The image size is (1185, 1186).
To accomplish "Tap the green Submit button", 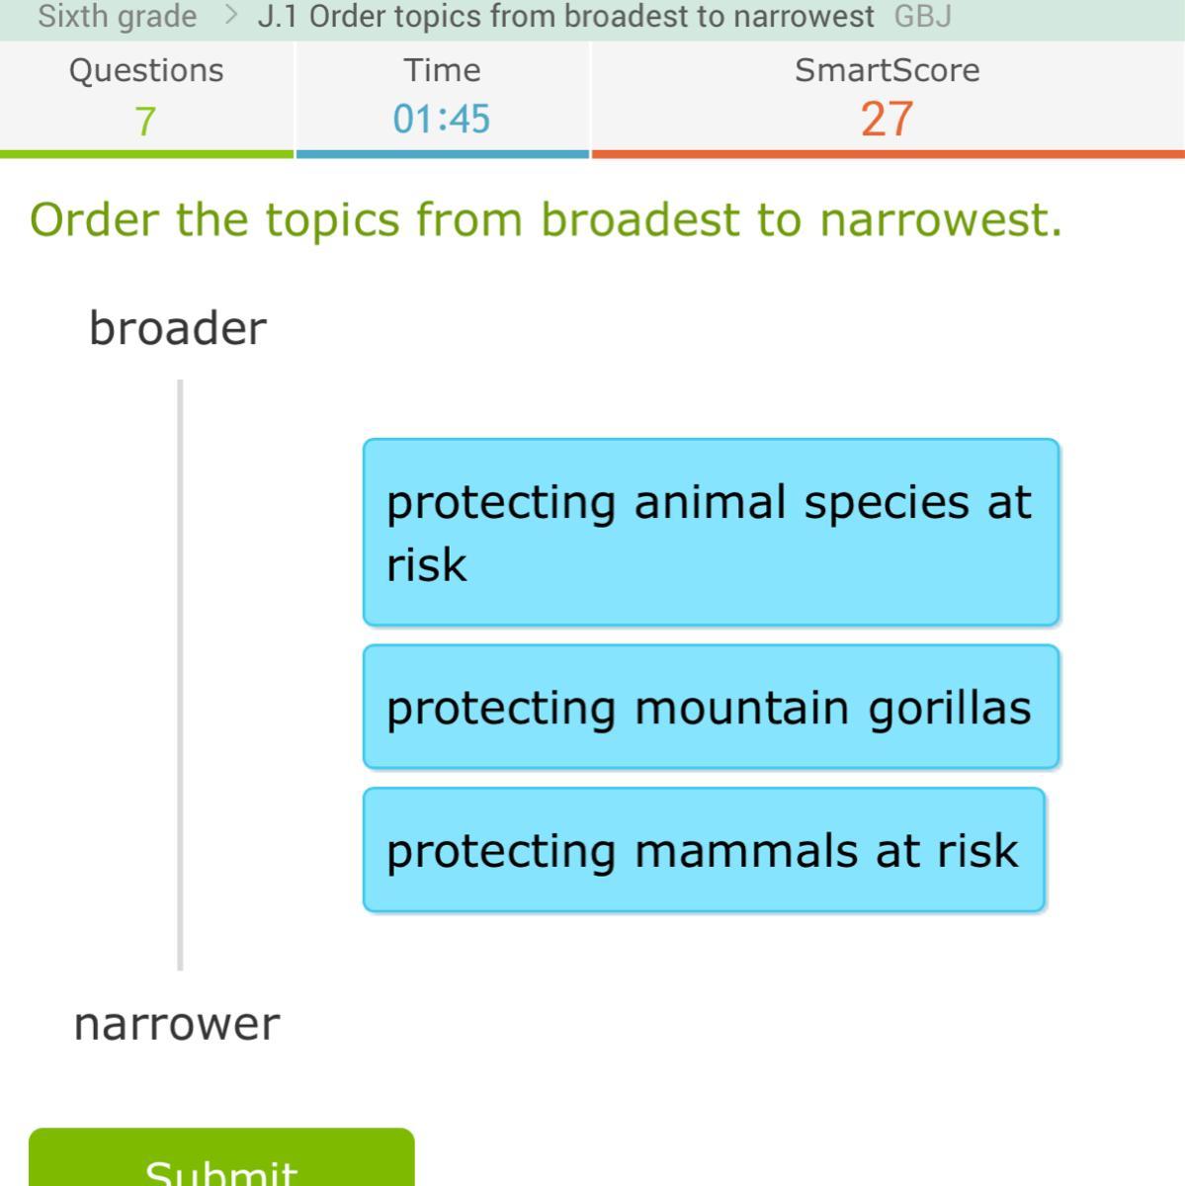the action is (221, 1157).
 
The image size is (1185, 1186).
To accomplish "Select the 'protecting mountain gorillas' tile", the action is (711, 707).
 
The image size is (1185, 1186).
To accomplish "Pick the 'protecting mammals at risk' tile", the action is (704, 849).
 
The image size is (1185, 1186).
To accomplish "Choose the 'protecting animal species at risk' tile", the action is (711, 533).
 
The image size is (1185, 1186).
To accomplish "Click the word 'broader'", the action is (179, 328).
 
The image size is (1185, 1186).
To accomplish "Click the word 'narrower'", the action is (177, 1025).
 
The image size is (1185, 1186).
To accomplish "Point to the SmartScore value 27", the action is (888, 119).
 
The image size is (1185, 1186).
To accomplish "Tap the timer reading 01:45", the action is (442, 119).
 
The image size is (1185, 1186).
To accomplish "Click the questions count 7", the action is (145, 121).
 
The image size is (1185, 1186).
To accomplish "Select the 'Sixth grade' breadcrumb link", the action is (117, 16).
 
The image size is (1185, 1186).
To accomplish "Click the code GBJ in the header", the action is (923, 17).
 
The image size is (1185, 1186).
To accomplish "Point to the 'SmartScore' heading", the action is (888, 70).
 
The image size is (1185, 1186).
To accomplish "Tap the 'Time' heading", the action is (442, 70).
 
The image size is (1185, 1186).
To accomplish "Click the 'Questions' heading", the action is (146, 71).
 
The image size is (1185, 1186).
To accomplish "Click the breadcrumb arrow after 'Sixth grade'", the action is (231, 15).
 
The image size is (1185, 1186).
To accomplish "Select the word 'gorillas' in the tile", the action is (950, 709).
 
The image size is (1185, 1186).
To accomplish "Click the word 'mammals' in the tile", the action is (746, 851).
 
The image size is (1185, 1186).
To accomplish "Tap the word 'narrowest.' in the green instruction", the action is (941, 221).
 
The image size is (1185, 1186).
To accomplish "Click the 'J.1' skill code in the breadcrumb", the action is (278, 17).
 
